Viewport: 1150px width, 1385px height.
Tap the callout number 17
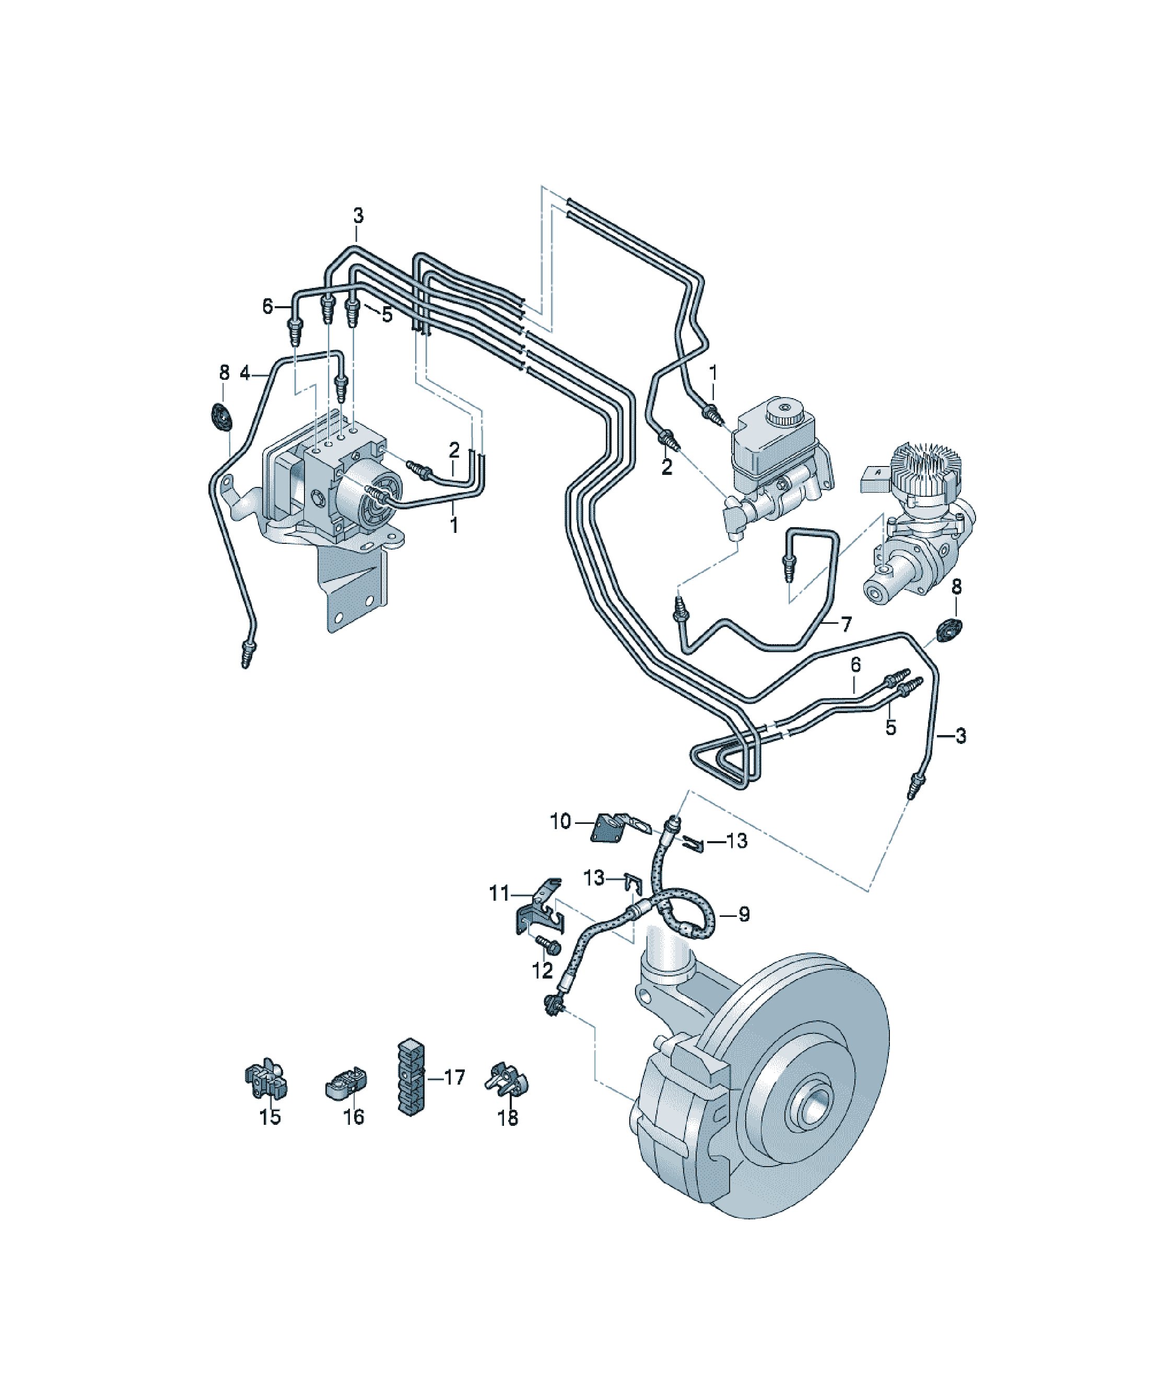click(454, 1077)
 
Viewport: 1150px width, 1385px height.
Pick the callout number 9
click(744, 914)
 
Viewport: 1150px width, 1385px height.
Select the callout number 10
click(560, 821)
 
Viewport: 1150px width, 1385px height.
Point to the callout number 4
click(244, 374)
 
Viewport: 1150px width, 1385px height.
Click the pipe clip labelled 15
click(266, 1080)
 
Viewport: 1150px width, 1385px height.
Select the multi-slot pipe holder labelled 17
click(412, 1077)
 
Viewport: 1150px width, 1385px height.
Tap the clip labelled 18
click(507, 1080)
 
